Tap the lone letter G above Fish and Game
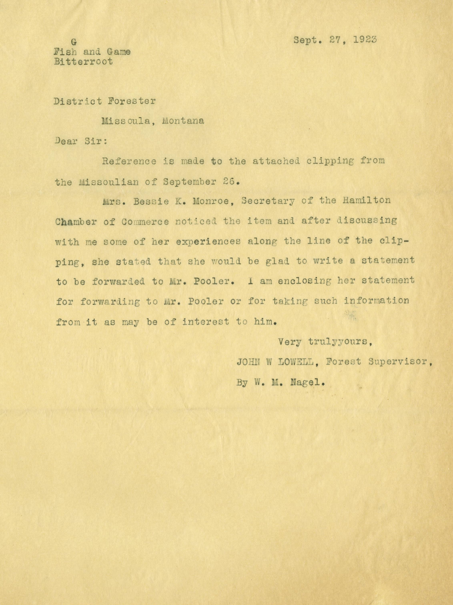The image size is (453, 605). [73, 42]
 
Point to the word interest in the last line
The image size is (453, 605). [205, 322]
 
